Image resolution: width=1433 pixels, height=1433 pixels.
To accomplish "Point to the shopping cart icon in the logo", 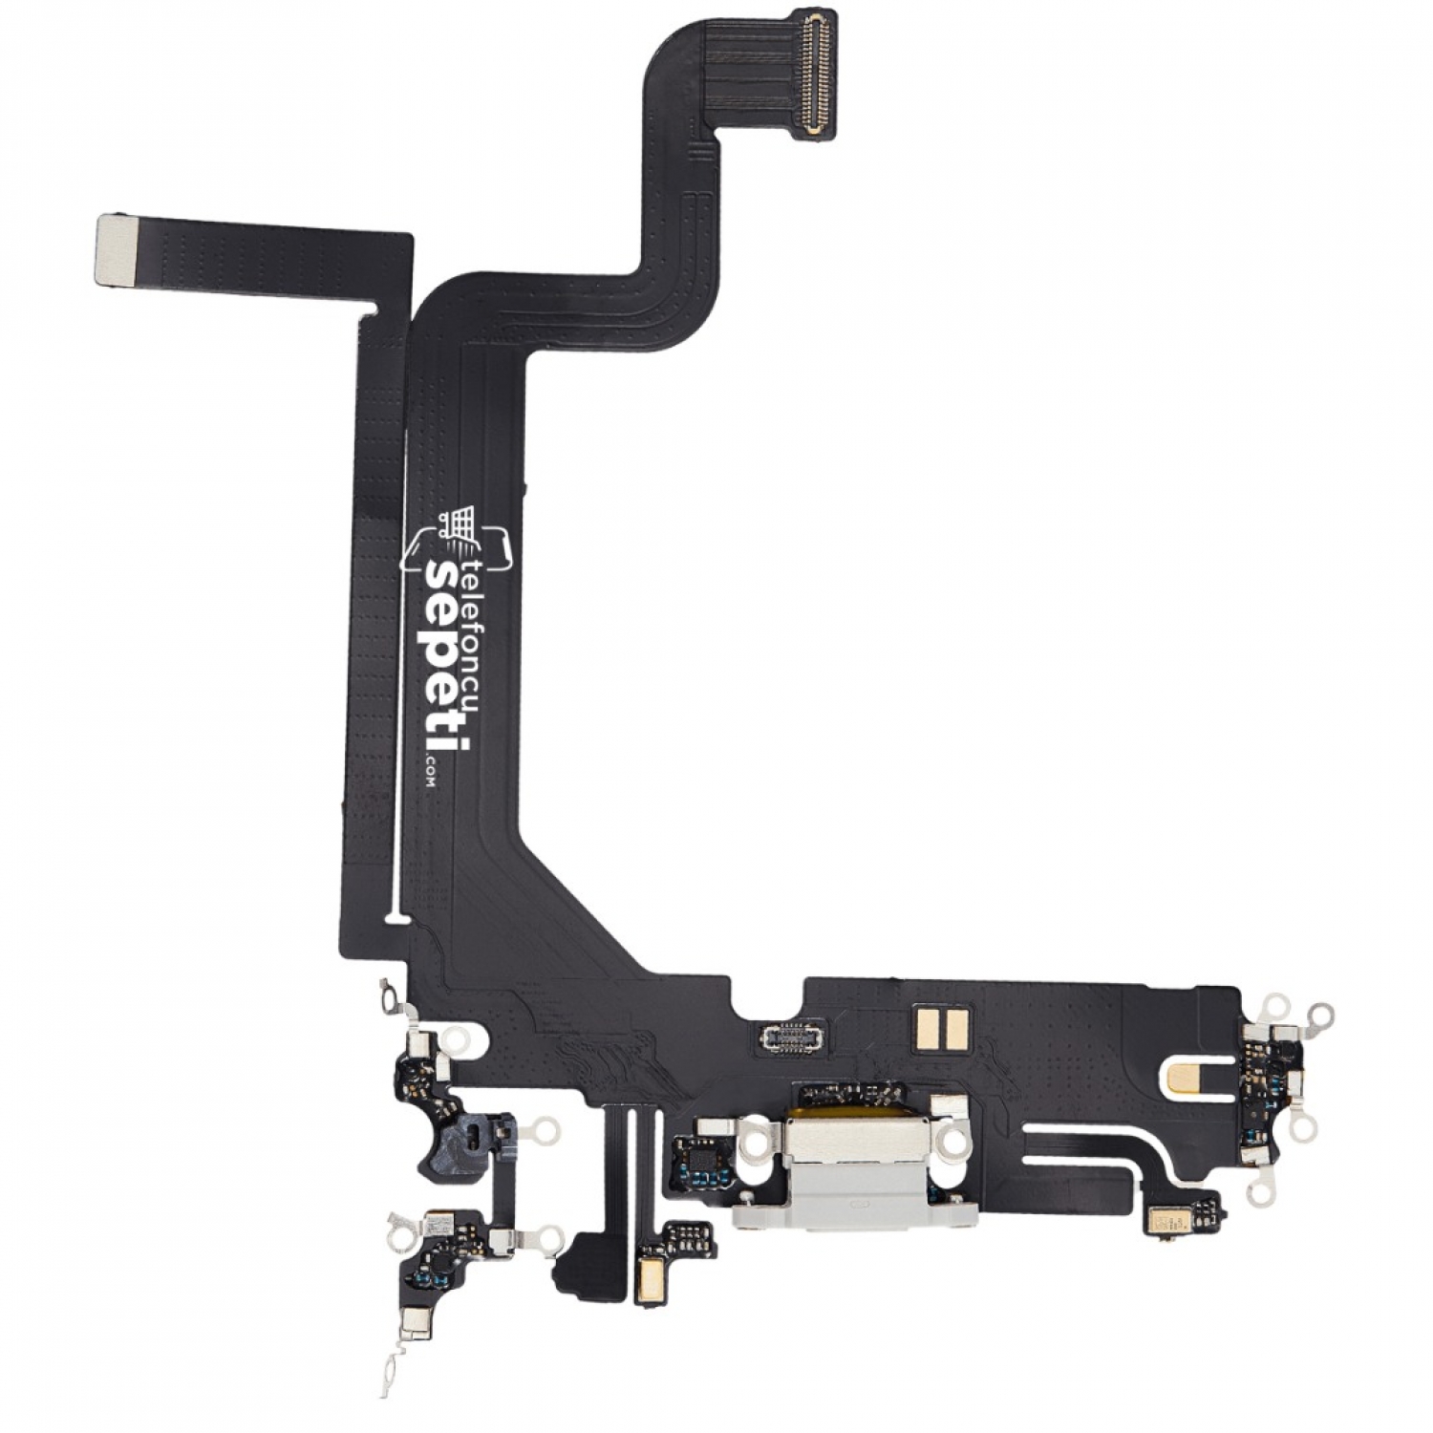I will pos(458,524).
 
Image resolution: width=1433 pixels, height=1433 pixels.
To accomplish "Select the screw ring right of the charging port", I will pos(951,1139).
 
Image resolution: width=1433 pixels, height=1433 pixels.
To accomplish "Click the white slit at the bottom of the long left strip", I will pos(396,920).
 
